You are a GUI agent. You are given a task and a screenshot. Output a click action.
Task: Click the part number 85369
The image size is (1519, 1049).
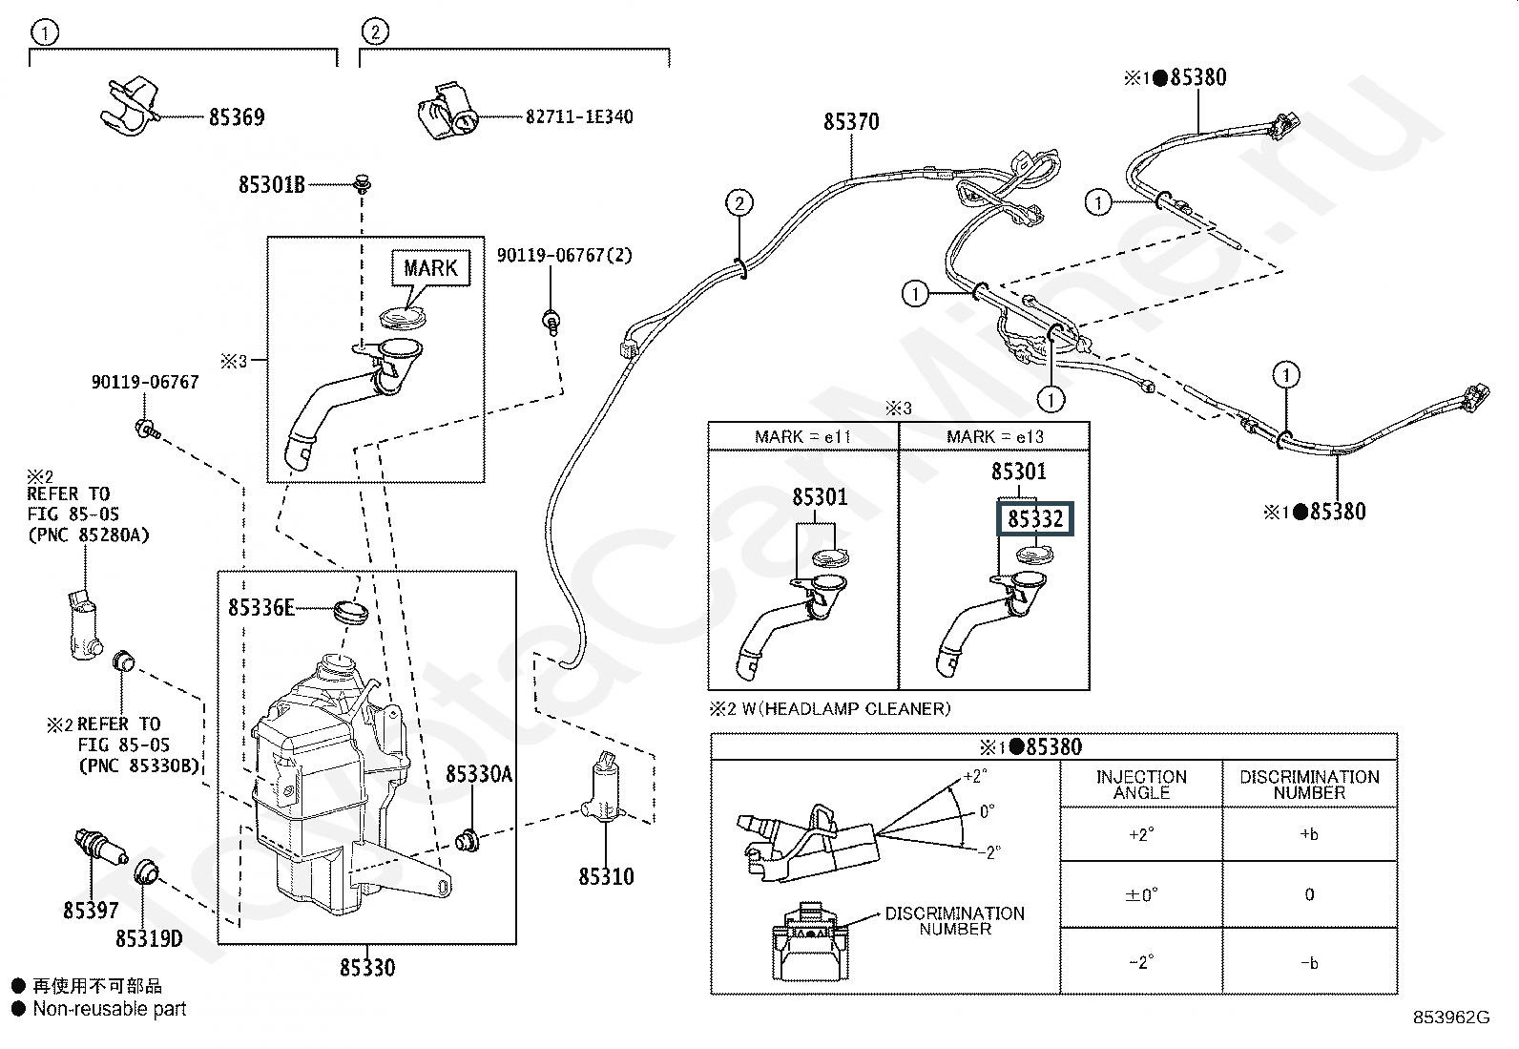pyautogui.click(x=237, y=117)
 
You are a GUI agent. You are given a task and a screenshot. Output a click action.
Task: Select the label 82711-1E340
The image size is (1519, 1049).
pyautogui.click(x=579, y=117)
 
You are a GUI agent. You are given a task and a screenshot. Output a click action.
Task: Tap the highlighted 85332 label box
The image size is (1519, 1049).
pyautogui.click(x=1035, y=519)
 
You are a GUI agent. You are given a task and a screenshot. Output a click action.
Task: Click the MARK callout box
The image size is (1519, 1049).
pyautogui.click(x=430, y=268)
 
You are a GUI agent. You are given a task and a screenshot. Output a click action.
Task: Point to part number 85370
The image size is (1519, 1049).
pyautogui.click(x=851, y=122)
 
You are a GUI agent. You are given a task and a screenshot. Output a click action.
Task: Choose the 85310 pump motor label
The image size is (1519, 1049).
pyautogui.click(x=606, y=876)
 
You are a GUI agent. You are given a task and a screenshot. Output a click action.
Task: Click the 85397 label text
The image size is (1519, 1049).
pyautogui.click(x=91, y=911)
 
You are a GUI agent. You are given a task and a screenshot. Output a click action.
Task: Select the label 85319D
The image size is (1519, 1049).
pyautogui.click(x=149, y=939)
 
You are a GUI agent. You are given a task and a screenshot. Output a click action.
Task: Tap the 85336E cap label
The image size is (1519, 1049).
pyautogui.click(x=261, y=607)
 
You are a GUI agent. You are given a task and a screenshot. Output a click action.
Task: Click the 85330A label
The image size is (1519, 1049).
pyautogui.click(x=479, y=774)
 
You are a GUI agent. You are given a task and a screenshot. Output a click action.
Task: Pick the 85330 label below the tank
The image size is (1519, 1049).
pyautogui.click(x=367, y=968)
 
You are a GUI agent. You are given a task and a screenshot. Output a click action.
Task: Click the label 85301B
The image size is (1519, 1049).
pyautogui.click(x=272, y=185)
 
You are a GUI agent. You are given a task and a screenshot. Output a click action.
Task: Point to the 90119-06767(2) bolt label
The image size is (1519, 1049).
pyautogui.click(x=564, y=256)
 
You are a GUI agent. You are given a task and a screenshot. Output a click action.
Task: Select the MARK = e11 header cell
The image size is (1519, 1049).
pyautogui.click(x=802, y=437)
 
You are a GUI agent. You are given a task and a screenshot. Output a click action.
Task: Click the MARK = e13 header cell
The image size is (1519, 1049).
pyautogui.click(x=995, y=437)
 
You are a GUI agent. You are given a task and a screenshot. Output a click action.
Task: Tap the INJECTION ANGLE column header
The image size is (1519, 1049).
pyautogui.click(x=1141, y=785)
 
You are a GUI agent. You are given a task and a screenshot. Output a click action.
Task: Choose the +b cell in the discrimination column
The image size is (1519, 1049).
pyautogui.click(x=1309, y=834)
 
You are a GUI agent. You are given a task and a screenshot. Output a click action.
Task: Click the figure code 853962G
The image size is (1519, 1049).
pyautogui.click(x=1451, y=1018)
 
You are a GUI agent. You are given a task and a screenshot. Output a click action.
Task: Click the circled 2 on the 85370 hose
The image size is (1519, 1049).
pyautogui.click(x=739, y=202)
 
